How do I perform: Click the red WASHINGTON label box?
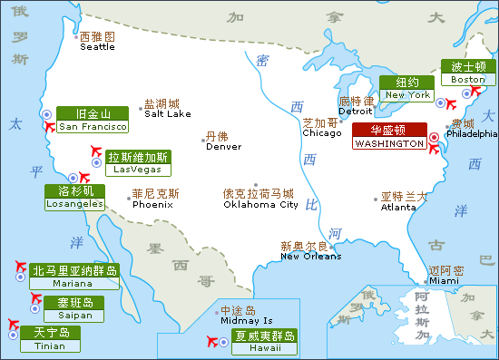[389, 136]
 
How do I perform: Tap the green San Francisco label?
[92, 120]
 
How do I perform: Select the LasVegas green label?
[137, 162]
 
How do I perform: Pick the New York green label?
[406, 88]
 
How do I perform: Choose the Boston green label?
[468, 73]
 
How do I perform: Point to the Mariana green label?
[74, 277]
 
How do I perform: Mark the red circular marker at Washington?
[434, 137]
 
